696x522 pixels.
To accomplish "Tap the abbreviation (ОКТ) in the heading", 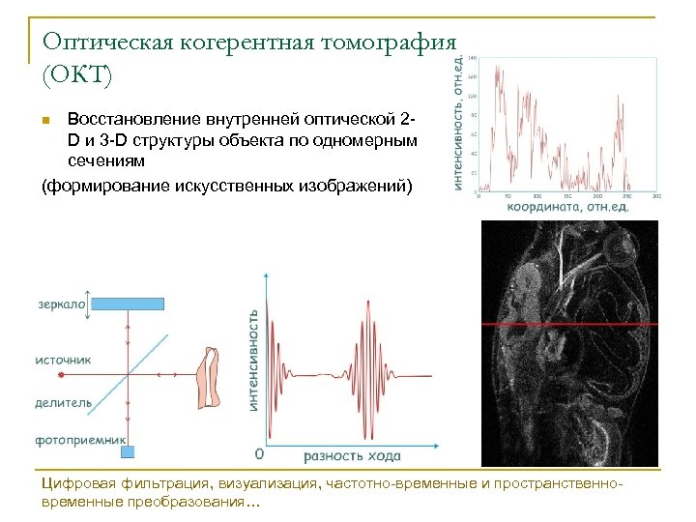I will pos(77,74).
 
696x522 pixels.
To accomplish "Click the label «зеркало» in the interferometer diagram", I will pos(61,304).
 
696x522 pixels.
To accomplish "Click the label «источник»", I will pos(64,360).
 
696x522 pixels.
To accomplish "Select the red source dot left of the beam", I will pos(60,373).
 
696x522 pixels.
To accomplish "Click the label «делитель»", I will pos(64,402).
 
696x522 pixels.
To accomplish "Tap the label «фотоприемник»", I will pos(81,440).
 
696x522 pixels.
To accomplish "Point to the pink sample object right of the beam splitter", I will pos(208,377).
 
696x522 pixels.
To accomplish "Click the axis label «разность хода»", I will pos(352,455).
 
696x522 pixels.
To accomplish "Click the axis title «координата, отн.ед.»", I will pos(567,206).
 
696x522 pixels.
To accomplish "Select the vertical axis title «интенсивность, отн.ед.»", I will pos(457,121).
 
